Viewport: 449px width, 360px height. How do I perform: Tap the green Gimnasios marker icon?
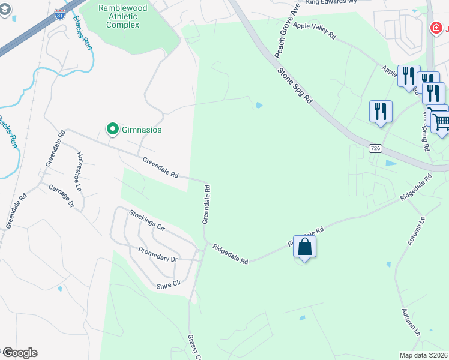click(x=112, y=129)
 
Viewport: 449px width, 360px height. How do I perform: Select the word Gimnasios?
click(x=142, y=130)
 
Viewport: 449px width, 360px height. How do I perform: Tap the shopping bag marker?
click(x=305, y=247)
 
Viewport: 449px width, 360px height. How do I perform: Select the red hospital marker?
click(x=436, y=28)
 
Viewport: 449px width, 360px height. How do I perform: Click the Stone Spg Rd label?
click(x=296, y=87)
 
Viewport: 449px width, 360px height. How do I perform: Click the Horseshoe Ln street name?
click(x=79, y=171)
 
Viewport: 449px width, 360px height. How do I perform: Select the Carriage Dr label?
click(x=62, y=196)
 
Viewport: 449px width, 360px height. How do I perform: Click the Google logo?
click(x=20, y=353)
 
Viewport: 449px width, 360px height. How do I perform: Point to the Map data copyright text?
click(x=423, y=355)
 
